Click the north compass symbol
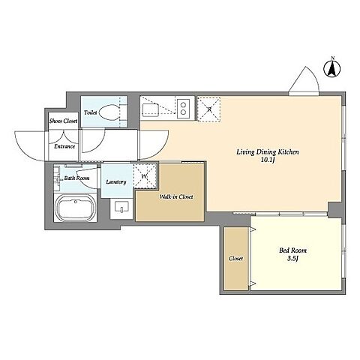(x=332, y=67)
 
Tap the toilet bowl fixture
(x=110, y=112)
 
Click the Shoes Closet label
(x=63, y=121)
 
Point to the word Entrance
(x=64, y=146)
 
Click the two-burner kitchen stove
(x=183, y=109)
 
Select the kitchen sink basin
(x=150, y=110)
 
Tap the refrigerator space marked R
(x=209, y=109)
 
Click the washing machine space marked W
(x=144, y=176)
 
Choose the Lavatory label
(x=116, y=181)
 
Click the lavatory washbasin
(x=121, y=207)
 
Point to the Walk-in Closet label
(x=176, y=196)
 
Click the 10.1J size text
(x=268, y=160)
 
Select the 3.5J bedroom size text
(x=292, y=259)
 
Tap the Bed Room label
(x=292, y=250)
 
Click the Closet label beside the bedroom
(x=235, y=259)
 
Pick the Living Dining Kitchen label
(x=268, y=151)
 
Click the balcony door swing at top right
(x=304, y=81)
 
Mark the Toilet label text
(x=90, y=112)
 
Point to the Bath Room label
(x=76, y=178)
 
